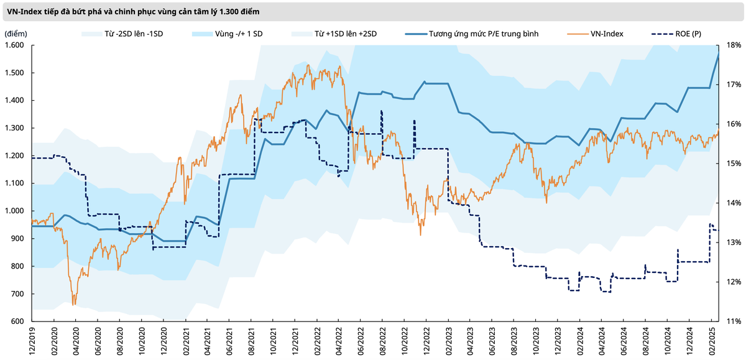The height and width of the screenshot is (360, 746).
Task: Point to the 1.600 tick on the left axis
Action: tap(14, 45)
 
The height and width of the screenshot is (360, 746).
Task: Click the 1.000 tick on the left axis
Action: tap(14, 211)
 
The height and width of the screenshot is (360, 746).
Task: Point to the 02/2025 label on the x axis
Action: tap(712, 342)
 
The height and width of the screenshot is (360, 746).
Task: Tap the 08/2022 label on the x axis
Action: tap(382, 342)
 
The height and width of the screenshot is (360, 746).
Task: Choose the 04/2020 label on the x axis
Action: tap(75, 342)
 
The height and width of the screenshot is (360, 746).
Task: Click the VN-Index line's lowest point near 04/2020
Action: tap(74, 305)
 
